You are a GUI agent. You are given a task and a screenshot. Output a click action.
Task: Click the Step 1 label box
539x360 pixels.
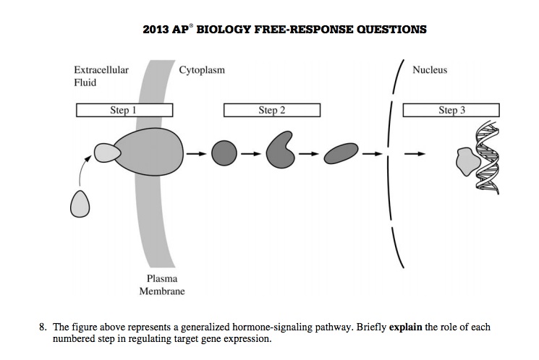click(x=124, y=110)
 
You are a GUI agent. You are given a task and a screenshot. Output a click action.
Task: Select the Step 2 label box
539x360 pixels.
click(x=271, y=110)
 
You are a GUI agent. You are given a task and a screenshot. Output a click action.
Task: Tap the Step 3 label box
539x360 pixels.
click(x=451, y=110)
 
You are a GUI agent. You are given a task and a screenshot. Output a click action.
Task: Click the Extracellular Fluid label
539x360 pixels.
click(x=101, y=76)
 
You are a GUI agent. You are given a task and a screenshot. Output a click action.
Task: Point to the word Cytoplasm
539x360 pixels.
click(x=201, y=70)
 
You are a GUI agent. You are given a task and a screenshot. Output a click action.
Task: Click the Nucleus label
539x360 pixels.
click(x=429, y=70)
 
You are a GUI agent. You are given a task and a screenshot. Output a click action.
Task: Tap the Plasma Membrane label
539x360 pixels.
click(x=162, y=285)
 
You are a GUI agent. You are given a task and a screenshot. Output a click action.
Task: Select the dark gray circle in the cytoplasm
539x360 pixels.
click(x=224, y=153)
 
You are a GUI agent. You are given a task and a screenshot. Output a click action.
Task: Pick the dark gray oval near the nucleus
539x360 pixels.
click(x=341, y=153)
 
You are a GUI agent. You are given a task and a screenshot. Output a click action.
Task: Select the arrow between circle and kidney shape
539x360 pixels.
click(x=250, y=153)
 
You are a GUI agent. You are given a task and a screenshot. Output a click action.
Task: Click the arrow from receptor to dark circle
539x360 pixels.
click(x=194, y=153)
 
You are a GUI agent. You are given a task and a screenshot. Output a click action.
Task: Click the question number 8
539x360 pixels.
click(x=43, y=327)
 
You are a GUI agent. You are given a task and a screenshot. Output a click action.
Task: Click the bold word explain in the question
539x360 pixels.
click(x=405, y=327)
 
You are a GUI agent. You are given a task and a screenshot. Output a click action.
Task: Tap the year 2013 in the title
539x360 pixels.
click(x=157, y=30)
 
